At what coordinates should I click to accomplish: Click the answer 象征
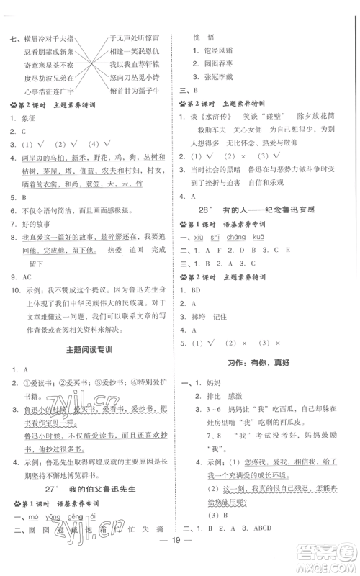(29, 121)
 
